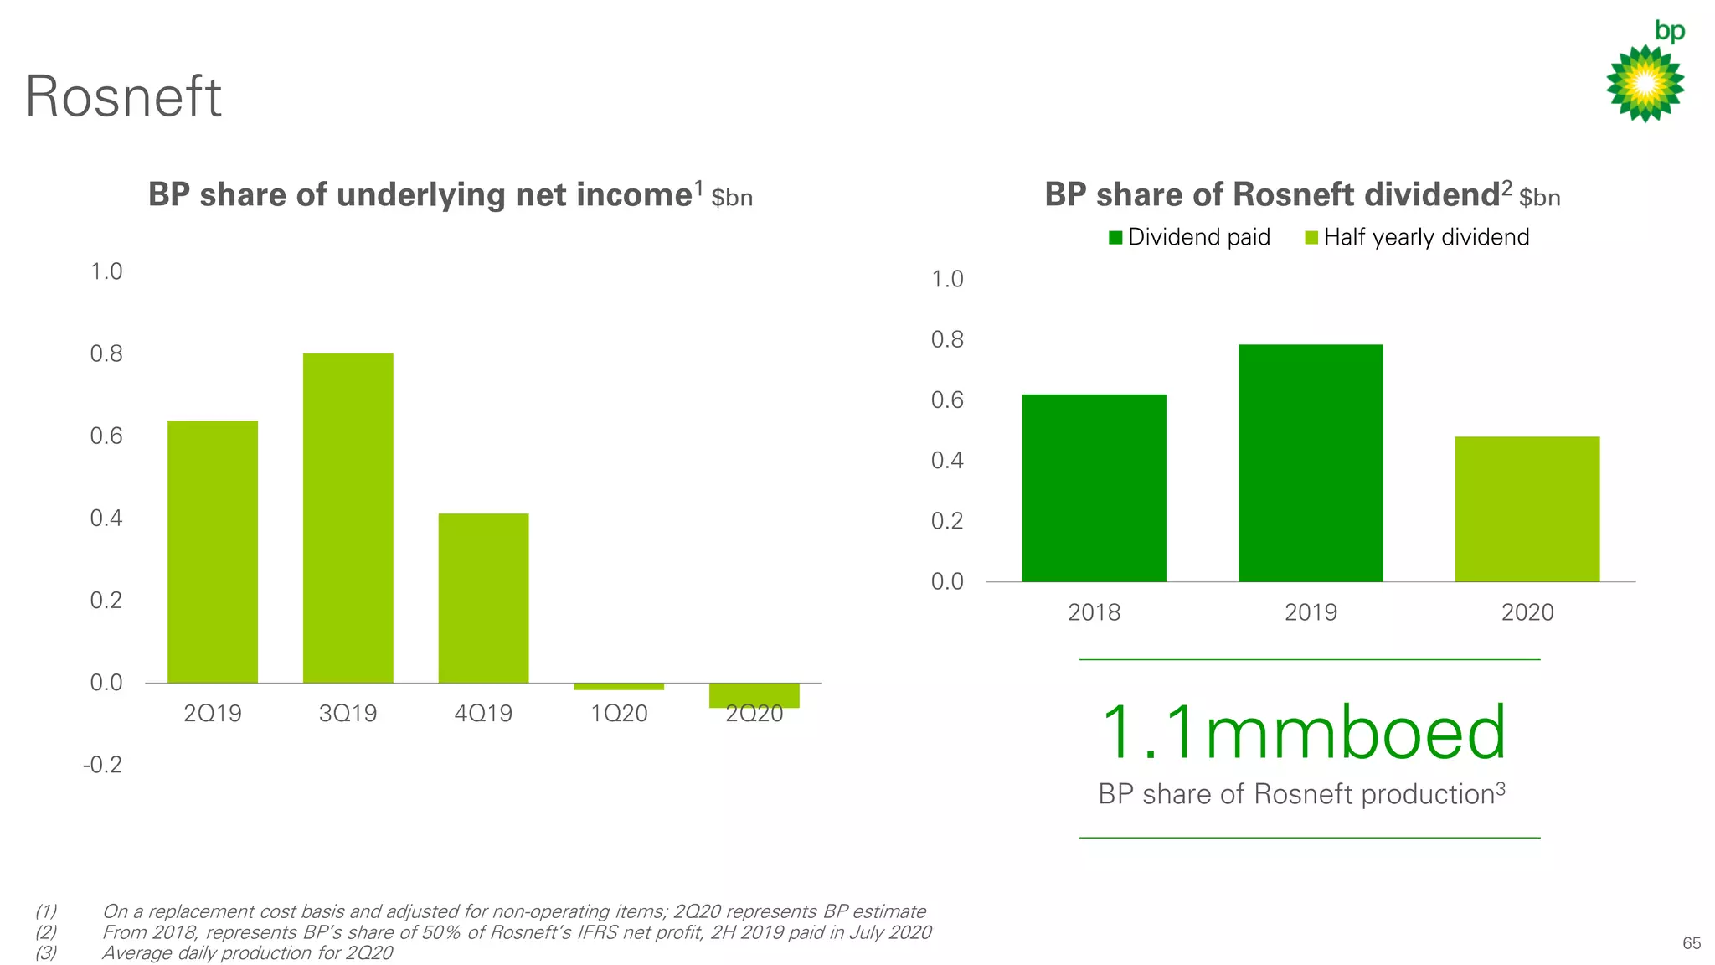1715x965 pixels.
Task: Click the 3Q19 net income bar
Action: click(x=348, y=518)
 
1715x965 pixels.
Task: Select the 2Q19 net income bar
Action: click(x=213, y=551)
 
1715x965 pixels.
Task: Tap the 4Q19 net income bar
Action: click(x=483, y=598)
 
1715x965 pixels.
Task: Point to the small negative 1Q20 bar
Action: click(x=619, y=686)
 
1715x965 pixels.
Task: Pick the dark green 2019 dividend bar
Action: click(x=1311, y=462)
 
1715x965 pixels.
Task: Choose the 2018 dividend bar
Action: click(x=1094, y=488)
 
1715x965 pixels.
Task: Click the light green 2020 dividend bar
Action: click(x=1527, y=508)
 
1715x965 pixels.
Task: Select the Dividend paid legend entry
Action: click(x=1189, y=237)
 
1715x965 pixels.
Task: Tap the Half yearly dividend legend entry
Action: click(x=1417, y=237)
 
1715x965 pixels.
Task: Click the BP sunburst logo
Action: click(x=1645, y=82)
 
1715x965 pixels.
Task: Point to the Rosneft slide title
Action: click(x=123, y=96)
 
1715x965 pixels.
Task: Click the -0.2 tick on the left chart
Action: click(x=103, y=765)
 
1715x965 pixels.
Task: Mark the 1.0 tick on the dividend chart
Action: click(x=947, y=279)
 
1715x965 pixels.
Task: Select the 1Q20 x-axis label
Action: click(x=619, y=714)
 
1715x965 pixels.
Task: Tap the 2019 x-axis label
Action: click(x=1311, y=612)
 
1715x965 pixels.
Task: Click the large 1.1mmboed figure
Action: click(x=1303, y=733)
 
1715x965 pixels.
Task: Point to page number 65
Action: click(x=1691, y=943)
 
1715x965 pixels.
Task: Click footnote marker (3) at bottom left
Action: click(x=46, y=953)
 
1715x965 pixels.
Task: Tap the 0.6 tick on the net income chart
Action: click(x=106, y=436)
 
